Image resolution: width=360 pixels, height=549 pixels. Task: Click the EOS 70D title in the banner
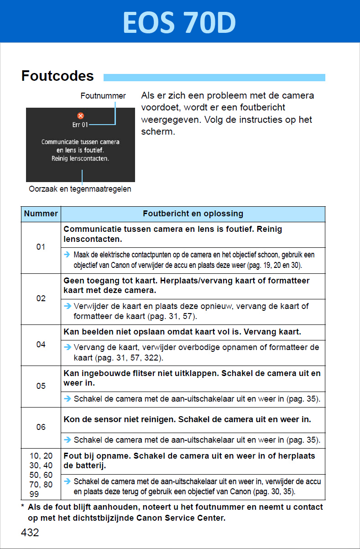coord(179,22)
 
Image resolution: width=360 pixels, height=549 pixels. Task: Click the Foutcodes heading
coord(57,76)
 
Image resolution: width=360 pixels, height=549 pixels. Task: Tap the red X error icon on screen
coord(81,116)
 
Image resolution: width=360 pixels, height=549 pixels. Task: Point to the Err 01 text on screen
coord(80,124)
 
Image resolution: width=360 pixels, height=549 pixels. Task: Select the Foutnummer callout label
coord(103,96)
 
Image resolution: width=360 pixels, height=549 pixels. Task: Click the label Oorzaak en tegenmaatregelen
coord(80,189)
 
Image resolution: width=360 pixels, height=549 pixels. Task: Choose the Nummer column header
coord(41,214)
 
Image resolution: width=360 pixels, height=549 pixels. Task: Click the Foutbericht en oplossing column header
coord(193,214)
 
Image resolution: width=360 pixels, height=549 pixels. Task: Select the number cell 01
coord(41,247)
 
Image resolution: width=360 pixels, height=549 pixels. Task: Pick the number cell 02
coord(41,298)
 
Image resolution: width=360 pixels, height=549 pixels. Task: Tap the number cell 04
coord(41,345)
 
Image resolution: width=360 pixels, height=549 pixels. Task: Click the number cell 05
coord(41,386)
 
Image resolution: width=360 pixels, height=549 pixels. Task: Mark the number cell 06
coord(41,427)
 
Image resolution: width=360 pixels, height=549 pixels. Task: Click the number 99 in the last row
coord(34,494)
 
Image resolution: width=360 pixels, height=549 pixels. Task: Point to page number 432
coord(30,532)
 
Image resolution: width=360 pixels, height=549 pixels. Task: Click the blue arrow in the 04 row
coord(68,347)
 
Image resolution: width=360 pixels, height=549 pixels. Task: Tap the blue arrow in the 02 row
coord(68,306)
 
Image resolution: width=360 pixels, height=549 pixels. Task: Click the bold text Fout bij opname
coord(92,456)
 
